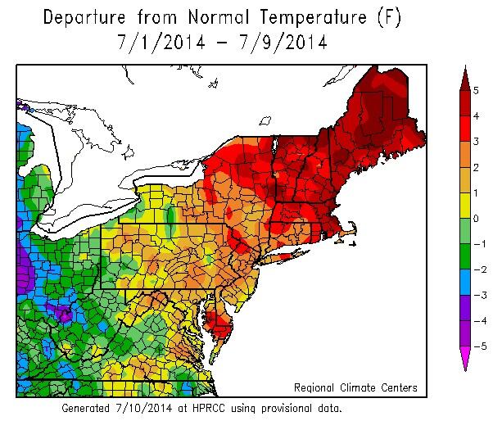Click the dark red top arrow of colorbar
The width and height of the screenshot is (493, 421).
pos(464,78)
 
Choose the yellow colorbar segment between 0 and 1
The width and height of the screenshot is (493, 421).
pos(464,205)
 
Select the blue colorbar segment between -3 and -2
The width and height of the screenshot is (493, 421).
pos(464,282)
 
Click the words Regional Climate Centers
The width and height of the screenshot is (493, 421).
pos(355,387)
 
